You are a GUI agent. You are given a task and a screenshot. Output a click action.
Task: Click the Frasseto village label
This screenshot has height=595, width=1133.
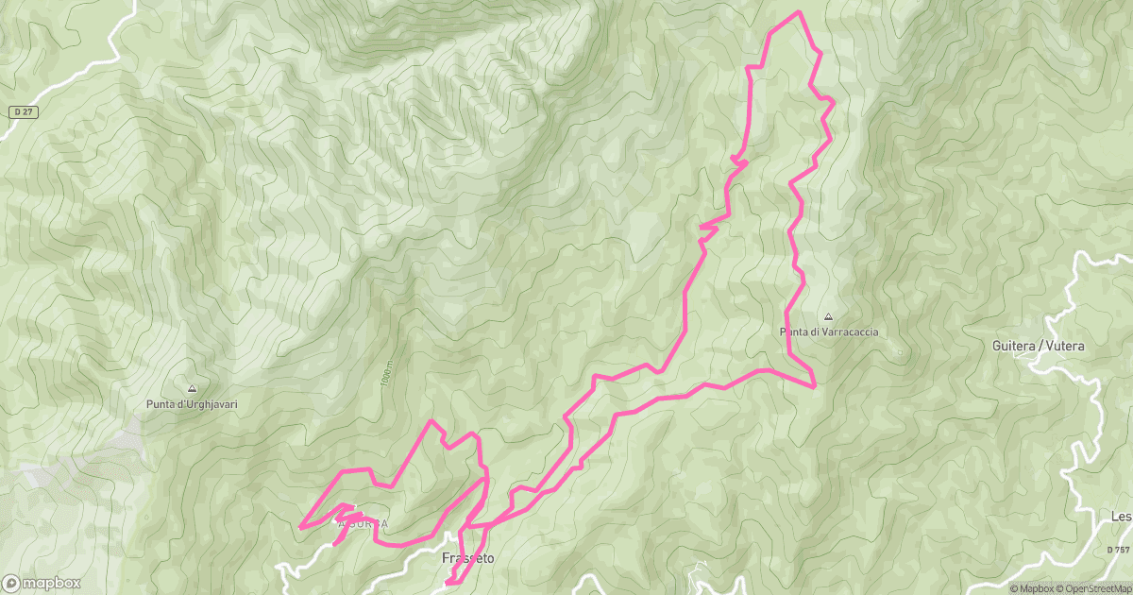(x=468, y=558)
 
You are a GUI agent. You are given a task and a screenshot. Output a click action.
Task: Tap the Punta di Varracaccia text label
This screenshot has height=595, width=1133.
(x=828, y=331)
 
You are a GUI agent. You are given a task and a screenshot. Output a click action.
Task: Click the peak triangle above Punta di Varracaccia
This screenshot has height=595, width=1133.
(x=828, y=317)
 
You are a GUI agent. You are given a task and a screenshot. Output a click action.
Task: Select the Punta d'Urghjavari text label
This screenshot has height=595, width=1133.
(x=192, y=404)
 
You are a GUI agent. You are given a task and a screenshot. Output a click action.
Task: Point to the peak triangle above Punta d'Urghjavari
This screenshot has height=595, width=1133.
(x=192, y=388)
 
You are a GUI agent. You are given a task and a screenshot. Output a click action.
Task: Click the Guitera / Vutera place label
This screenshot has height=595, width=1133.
(x=1039, y=347)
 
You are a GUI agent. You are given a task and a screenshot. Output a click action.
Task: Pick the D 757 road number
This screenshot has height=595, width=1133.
(x=1117, y=549)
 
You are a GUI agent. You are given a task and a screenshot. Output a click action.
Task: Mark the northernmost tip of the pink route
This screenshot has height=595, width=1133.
(x=800, y=11)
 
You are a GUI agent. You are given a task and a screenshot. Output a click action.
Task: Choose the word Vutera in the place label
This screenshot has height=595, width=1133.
(x=1065, y=347)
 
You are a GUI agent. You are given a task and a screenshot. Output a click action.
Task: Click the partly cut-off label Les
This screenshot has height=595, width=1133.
(x=1122, y=517)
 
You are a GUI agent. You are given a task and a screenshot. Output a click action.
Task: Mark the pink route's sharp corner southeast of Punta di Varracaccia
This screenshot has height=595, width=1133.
(x=814, y=385)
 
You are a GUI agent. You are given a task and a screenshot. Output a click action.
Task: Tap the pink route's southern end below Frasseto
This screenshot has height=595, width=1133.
(x=445, y=584)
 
